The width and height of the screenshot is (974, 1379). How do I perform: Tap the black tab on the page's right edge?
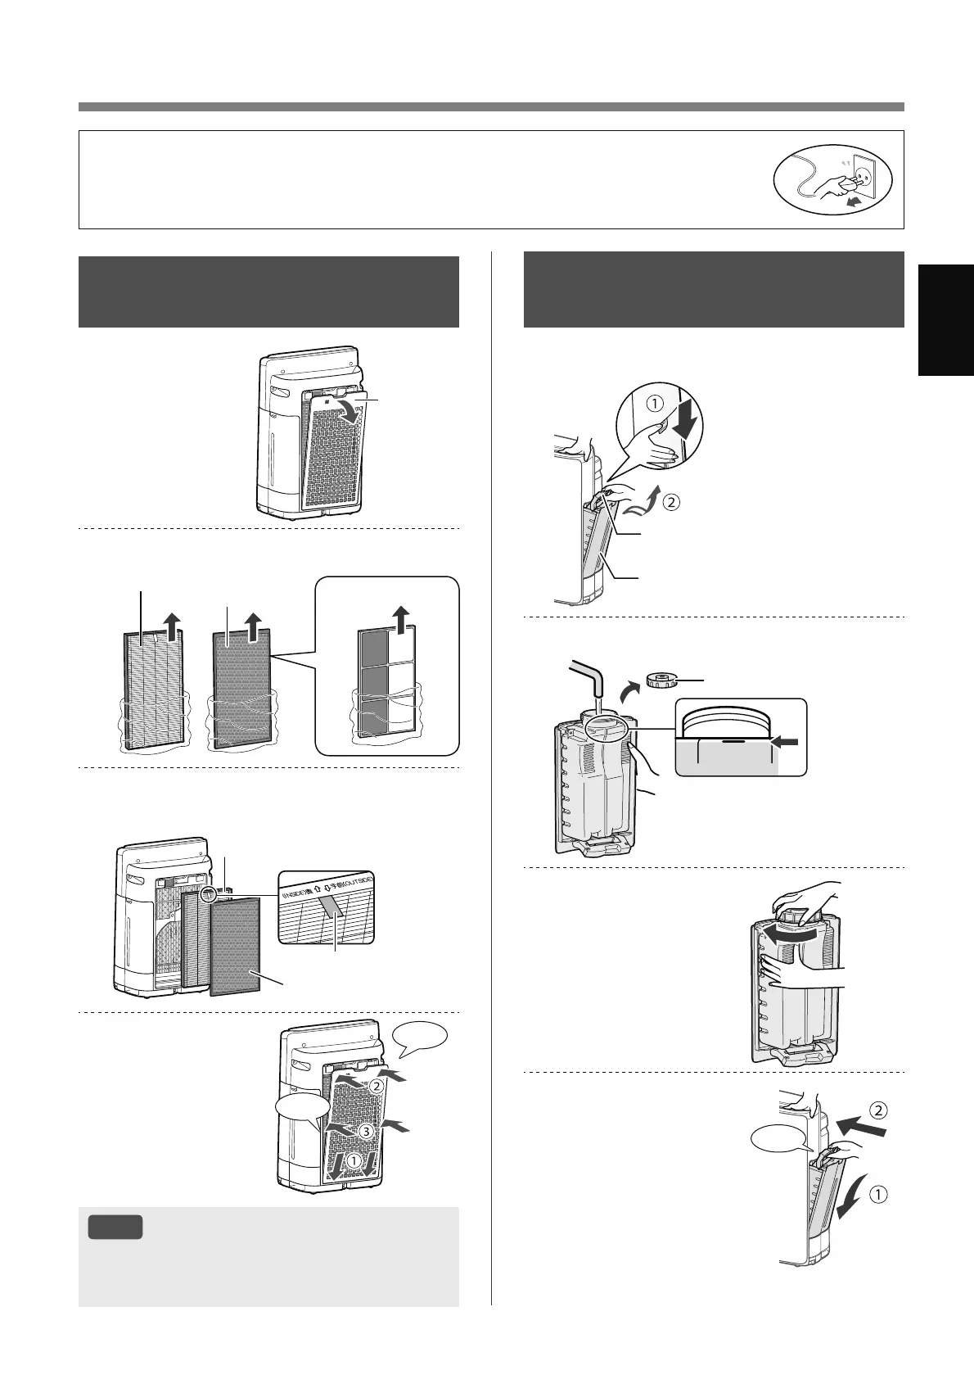pyautogui.click(x=945, y=319)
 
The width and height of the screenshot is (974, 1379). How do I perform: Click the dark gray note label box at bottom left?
pyautogui.click(x=115, y=1227)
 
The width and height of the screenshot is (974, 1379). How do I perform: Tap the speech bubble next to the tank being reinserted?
pyautogui.click(x=777, y=1142)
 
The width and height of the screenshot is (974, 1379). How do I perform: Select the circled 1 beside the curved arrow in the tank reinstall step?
pyautogui.click(x=876, y=1194)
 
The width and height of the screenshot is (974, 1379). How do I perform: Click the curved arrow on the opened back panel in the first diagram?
pyautogui.click(x=352, y=410)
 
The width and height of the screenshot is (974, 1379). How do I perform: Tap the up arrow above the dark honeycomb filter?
pyautogui.click(x=252, y=627)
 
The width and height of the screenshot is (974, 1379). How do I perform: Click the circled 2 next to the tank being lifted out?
pyautogui.click(x=670, y=502)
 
